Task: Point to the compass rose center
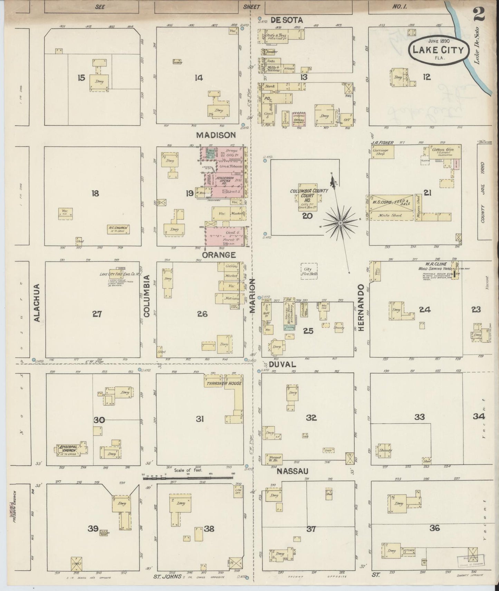pyautogui.click(x=340, y=223)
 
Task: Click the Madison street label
pyautogui.click(x=216, y=135)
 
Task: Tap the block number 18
pyautogui.click(x=95, y=193)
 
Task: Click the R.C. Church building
pyautogui.click(x=118, y=229)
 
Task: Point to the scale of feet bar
pyautogui.click(x=188, y=478)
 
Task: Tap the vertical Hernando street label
pyautogui.click(x=361, y=308)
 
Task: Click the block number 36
pyautogui.click(x=434, y=528)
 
